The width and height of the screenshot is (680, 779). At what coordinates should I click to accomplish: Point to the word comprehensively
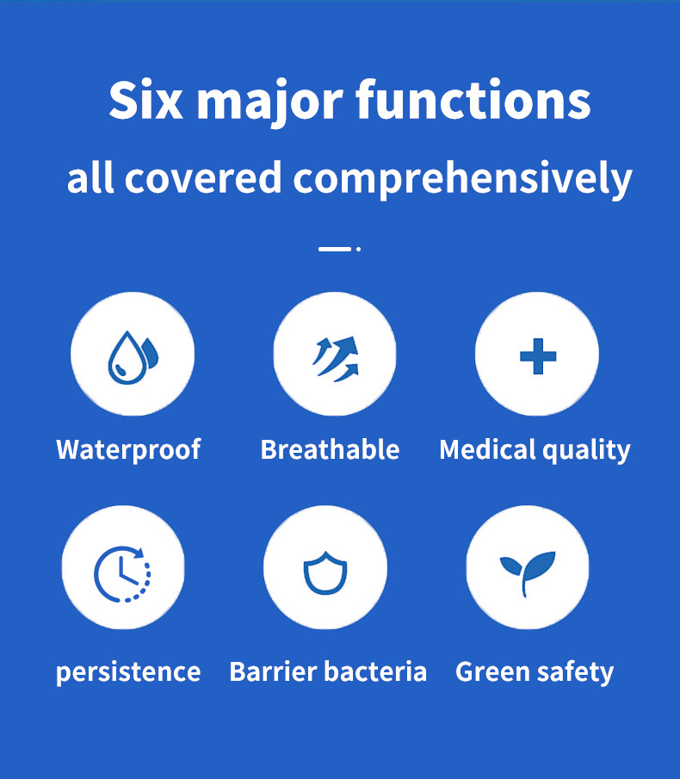[x=462, y=179]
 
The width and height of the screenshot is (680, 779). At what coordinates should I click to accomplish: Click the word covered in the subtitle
[x=203, y=178]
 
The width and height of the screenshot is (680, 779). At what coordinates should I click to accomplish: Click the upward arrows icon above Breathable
[x=336, y=359]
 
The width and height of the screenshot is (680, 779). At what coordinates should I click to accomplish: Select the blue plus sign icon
[x=538, y=356]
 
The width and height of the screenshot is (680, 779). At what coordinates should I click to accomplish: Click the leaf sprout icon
[x=526, y=572]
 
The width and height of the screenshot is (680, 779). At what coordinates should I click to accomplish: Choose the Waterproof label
[x=128, y=449]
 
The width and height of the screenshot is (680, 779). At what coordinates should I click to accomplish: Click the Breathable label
[x=330, y=449]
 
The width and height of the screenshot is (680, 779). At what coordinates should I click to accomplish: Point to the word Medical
[x=487, y=449]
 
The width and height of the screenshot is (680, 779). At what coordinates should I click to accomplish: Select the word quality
[x=586, y=450]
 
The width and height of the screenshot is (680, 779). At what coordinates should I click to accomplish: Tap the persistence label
[x=128, y=672]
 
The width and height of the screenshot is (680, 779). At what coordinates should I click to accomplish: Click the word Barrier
[x=272, y=671]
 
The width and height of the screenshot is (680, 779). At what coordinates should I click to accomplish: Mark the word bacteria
[x=375, y=671]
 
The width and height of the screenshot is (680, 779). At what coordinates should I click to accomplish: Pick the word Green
[x=491, y=671]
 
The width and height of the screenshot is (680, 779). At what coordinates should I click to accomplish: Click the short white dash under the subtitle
[x=335, y=249]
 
